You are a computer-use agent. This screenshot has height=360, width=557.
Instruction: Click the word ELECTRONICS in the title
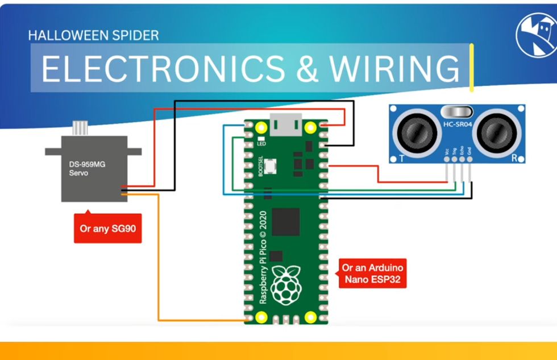point(163,68)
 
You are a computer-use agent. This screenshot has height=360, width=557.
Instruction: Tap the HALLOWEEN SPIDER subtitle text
point(93,35)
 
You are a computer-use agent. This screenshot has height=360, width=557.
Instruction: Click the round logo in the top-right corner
point(535,35)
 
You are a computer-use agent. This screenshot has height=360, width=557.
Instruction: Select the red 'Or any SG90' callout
point(107,229)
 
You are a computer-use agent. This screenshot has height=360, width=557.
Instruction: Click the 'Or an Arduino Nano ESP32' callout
point(373,274)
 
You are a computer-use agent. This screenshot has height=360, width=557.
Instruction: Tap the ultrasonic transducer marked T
point(418,134)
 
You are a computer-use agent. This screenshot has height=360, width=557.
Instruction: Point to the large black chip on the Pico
point(286,221)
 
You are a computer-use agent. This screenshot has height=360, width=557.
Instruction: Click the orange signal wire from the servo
point(159,256)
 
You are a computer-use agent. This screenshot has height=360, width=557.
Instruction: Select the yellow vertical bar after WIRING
point(471,67)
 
